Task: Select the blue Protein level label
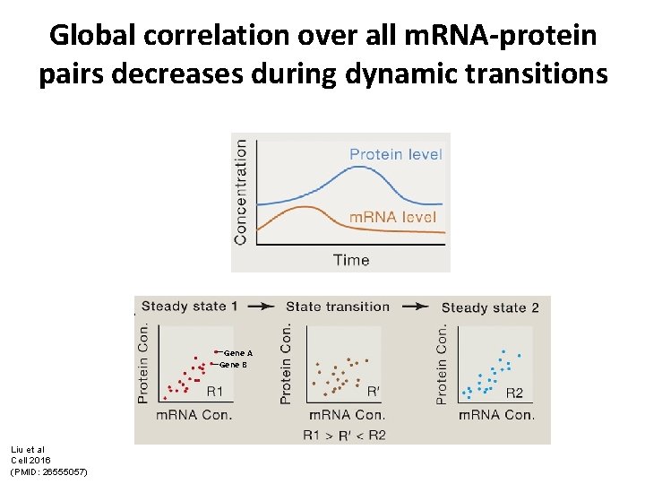click(x=395, y=154)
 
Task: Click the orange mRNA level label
click(x=392, y=217)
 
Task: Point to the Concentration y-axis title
click(x=240, y=192)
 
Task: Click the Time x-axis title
click(x=350, y=260)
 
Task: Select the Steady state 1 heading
click(x=189, y=307)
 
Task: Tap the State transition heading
click(x=338, y=307)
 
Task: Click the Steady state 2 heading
click(x=490, y=307)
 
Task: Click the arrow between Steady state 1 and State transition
click(x=260, y=307)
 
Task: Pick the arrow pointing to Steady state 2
click(x=416, y=307)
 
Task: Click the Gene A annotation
click(x=237, y=353)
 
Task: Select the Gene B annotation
click(x=233, y=365)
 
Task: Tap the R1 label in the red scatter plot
click(x=215, y=392)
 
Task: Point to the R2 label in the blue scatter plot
click(x=514, y=393)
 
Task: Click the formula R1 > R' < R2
click(x=344, y=434)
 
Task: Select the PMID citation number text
click(x=48, y=471)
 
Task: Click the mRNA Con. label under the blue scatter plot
click(x=496, y=415)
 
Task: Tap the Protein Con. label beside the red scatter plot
click(x=144, y=362)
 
